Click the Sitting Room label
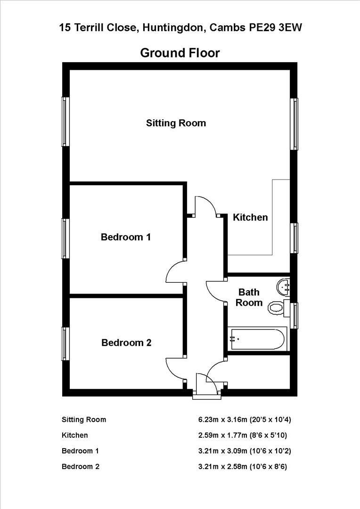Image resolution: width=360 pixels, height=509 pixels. click(x=176, y=123)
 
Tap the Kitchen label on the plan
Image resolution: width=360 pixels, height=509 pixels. click(x=251, y=217)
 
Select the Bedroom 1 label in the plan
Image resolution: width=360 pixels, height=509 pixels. click(x=126, y=237)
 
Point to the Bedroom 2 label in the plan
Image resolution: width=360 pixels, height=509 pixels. click(x=126, y=343)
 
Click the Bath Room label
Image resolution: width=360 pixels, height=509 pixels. click(x=249, y=297)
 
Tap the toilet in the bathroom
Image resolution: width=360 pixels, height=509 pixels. click(x=278, y=308)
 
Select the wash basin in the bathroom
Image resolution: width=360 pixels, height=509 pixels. click(x=285, y=286)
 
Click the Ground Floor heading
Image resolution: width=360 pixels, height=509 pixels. click(x=180, y=53)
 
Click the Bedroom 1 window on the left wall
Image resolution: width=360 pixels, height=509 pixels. click(x=65, y=238)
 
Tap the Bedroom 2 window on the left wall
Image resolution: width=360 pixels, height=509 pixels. click(x=65, y=344)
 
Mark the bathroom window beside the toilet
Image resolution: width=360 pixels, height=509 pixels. click(x=295, y=315)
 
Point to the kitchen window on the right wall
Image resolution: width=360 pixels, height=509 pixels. click(x=295, y=238)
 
